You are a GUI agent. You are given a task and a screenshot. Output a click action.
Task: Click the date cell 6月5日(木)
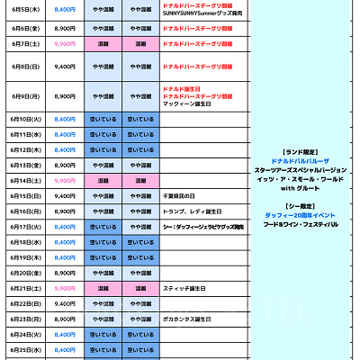coord(25,9)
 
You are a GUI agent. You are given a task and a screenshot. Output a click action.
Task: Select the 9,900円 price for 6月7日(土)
coord(65,43)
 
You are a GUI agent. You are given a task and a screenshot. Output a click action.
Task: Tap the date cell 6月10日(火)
coord(25,119)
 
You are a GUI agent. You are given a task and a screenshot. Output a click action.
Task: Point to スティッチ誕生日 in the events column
coord(187,288)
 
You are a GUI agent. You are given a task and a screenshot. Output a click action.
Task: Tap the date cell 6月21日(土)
coord(25,288)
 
